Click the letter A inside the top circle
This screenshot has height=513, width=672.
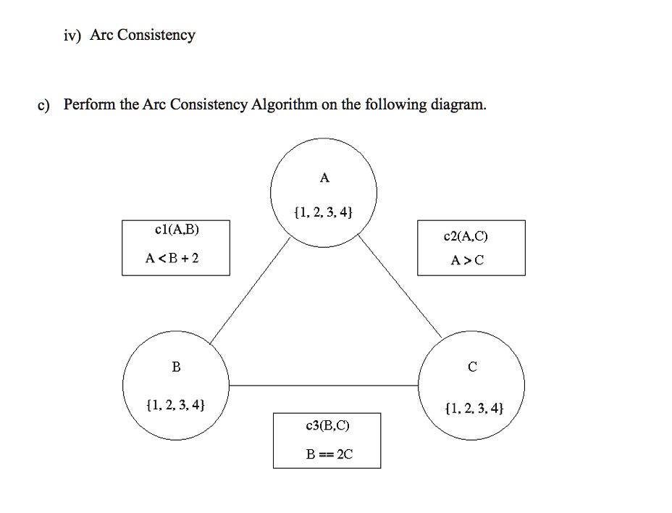(x=324, y=178)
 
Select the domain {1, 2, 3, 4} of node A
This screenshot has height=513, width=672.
(x=324, y=212)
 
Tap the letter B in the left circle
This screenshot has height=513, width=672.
(x=176, y=367)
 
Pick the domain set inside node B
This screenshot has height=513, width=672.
(x=176, y=404)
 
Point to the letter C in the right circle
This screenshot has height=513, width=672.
(x=472, y=367)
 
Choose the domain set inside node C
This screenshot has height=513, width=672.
(x=474, y=408)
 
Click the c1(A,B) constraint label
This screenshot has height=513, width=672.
(x=177, y=230)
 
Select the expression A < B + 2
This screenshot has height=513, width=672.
(x=172, y=258)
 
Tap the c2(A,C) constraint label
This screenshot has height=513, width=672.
(x=466, y=236)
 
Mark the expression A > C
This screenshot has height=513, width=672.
(x=467, y=260)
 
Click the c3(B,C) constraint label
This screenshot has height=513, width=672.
(x=328, y=425)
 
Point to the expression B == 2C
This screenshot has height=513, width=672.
(x=329, y=454)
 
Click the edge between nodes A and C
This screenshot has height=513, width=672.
(x=400, y=286)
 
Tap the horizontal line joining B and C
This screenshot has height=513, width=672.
(x=324, y=385)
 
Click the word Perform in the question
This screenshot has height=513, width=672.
(x=90, y=104)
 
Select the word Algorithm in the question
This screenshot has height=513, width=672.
(x=284, y=104)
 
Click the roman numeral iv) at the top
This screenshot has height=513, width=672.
(x=72, y=36)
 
